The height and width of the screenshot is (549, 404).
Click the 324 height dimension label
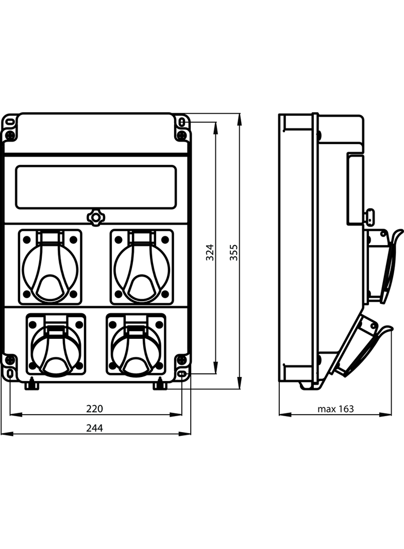pyautogui.click(x=210, y=252)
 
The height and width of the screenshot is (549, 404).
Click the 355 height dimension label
pyautogui.click(x=234, y=252)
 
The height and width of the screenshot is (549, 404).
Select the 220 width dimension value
pyautogui.click(x=94, y=409)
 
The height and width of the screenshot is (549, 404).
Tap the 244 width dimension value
pyautogui.click(x=94, y=428)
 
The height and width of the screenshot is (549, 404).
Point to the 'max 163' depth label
pyautogui.click(x=335, y=409)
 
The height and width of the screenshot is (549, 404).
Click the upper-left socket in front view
pyautogui.click(x=50, y=267)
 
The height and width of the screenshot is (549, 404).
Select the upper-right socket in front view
pyautogui.click(x=142, y=267)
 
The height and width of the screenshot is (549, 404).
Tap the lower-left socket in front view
pyautogui.click(x=56, y=345)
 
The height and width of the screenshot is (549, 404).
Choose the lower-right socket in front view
pyautogui.click(x=136, y=345)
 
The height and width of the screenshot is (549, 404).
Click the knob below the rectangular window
pyautogui.click(x=96, y=217)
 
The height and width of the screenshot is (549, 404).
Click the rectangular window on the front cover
pyautogui.click(x=96, y=187)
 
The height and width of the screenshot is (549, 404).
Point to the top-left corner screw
pyautogui.click(x=10, y=135)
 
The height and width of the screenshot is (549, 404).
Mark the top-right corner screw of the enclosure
pyautogui.click(x=181, y=135)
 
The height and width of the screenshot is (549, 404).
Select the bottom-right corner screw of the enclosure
pyautogui.click(x=181, y=359)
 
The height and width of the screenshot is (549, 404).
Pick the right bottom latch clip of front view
pyautogui.click(x=160, y=384)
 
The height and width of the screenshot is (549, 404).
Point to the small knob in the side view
pyautogui.click(x=369, y=217)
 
